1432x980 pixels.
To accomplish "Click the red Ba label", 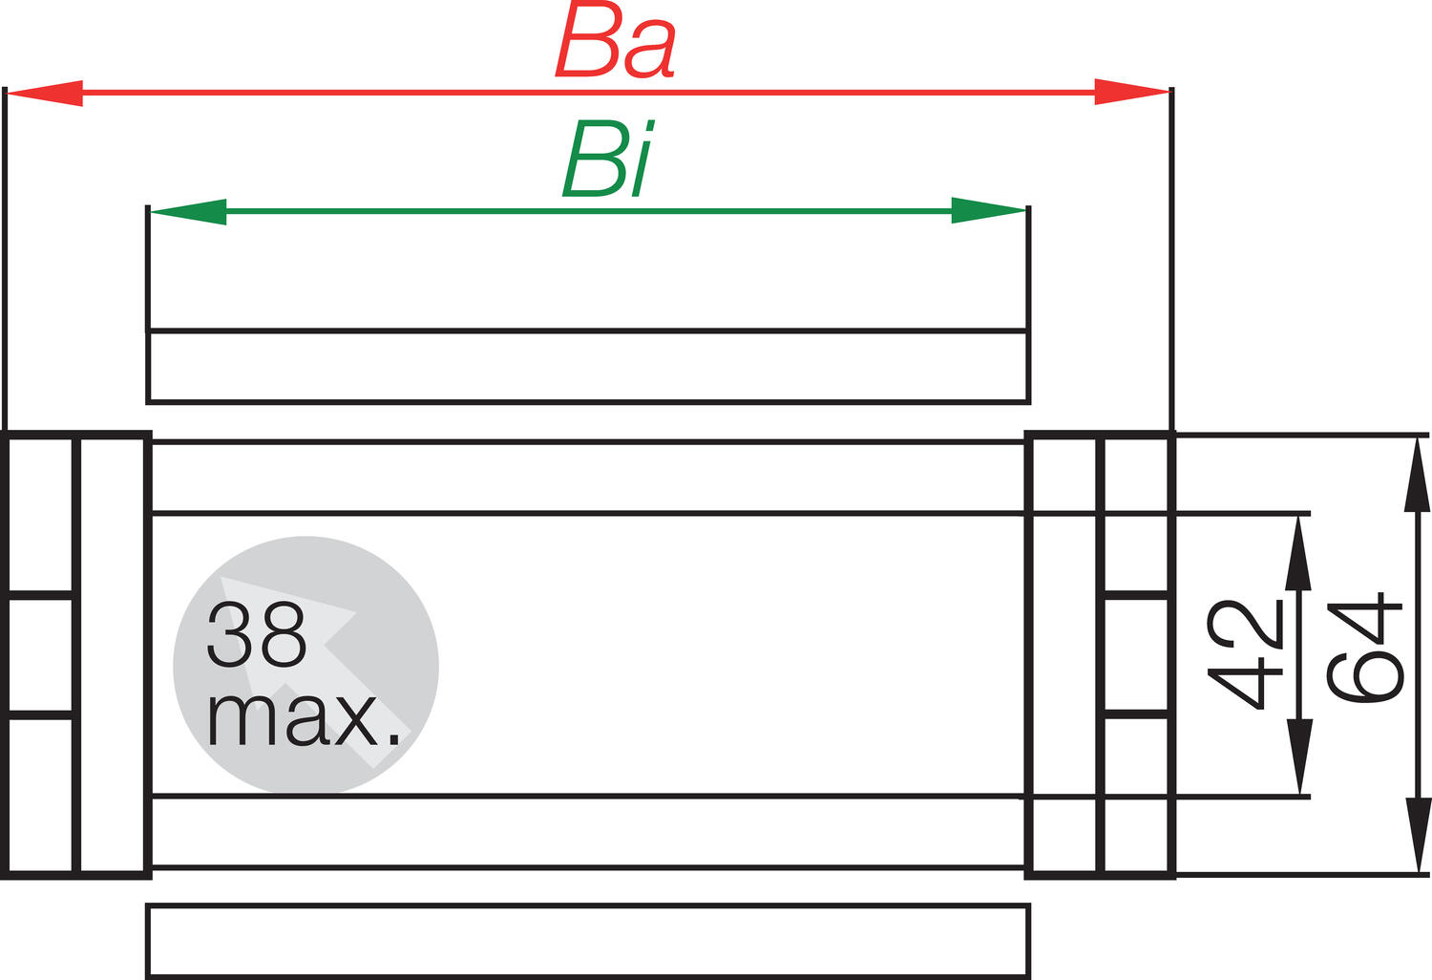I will click(x=616, y=42).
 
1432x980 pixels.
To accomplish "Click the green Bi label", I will click(x=608, y=160).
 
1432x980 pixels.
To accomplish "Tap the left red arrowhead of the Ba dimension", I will click(x=44, y=93).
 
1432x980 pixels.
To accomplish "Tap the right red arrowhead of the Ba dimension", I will click(x=1132, y=92).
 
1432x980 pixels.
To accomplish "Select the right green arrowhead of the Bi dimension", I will click(x=989, y=211).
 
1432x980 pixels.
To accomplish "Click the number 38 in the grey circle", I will click(x=257, y=634).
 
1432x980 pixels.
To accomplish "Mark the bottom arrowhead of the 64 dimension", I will click(x=1418, y=836).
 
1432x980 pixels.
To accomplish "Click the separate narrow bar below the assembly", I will click(x=588, y=940).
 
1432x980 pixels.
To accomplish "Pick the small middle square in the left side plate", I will click(x=40, y=656).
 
